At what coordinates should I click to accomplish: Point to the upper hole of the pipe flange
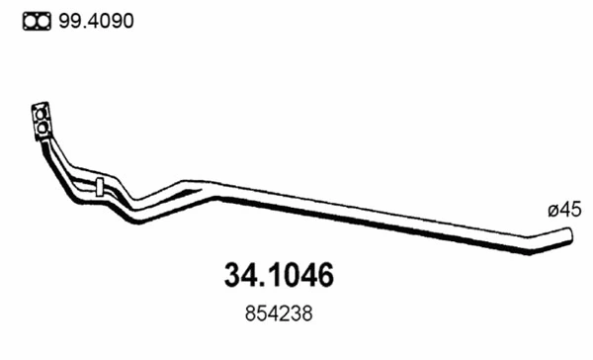coord(41,110)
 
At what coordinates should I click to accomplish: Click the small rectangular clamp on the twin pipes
coord(100,185)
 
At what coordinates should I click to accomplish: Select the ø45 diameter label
coord(563,209)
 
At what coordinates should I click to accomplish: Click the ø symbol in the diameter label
coord(551,210)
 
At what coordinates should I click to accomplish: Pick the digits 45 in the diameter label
coord(569,209)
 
